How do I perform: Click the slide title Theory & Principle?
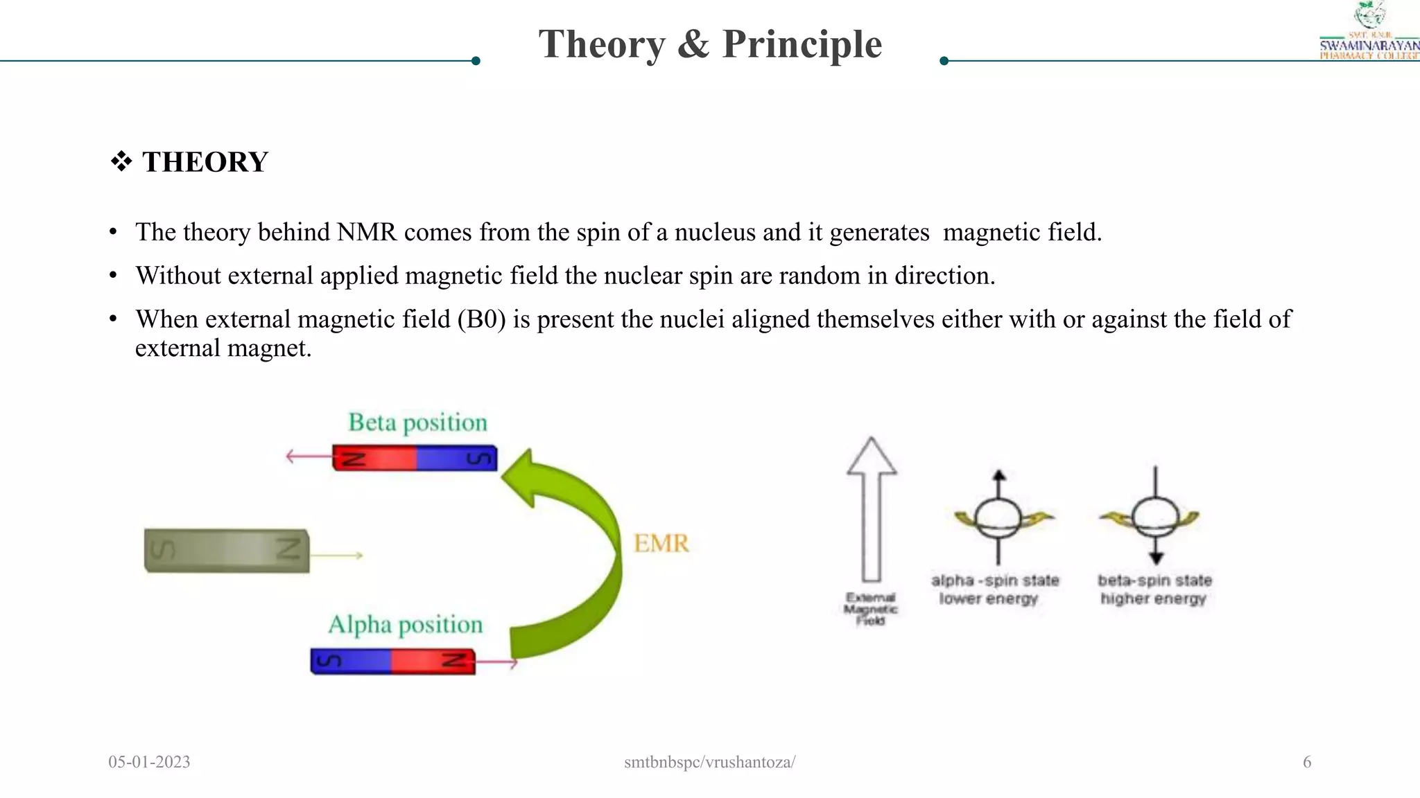pos(710,44)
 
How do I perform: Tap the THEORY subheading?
pos(205,162)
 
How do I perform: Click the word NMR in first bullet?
pos(367,232)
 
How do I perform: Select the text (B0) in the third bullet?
pos(481,319)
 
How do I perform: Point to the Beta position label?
pos(417,423)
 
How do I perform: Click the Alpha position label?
pos(405,625)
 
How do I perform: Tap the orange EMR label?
pos(661,543)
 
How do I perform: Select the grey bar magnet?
pos(227,551)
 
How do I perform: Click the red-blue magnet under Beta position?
pos(415,459)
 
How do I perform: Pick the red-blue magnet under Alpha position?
pos(393,662)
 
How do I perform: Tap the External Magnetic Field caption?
pos(870,609)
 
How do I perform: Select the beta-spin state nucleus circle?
pos(1154,517)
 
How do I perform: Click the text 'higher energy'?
pos(1153,598)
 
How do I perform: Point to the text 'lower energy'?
pos(989,598)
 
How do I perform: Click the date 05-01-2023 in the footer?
pos(149,762)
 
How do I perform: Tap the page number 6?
pos(1307,762)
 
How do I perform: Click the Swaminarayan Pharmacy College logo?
pos(1369,31)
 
